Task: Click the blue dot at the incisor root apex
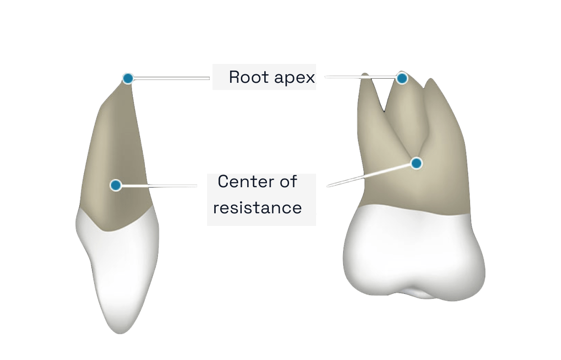pos(128,78)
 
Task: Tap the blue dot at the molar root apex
pos(402,78)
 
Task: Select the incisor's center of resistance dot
pos(116,185)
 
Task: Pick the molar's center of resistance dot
pos(416,163)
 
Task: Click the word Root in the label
pos(245,77)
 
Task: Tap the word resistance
pos(257,208)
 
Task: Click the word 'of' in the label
pos(288,182)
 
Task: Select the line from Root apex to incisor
pos(171,78)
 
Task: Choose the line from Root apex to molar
pos(360,77)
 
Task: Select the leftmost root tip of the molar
pos(365,76)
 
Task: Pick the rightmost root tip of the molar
pos(431,81)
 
